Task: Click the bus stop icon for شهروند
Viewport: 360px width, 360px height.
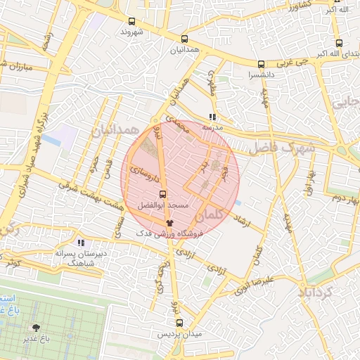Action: point(131,22)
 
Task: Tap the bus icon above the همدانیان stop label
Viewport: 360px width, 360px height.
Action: point(184,39)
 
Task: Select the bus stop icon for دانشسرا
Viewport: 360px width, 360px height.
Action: point(262,63)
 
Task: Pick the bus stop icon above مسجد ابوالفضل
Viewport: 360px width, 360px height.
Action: point(162,194)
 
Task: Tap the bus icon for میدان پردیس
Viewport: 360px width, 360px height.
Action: point(179,323)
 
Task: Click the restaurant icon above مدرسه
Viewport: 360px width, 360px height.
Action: point(212,117)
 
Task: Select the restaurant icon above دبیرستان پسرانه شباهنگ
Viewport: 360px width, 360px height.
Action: point(80,242)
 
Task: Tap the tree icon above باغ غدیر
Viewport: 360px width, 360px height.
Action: point(36,328)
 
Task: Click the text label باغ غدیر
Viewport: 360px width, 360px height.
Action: point(35,340)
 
